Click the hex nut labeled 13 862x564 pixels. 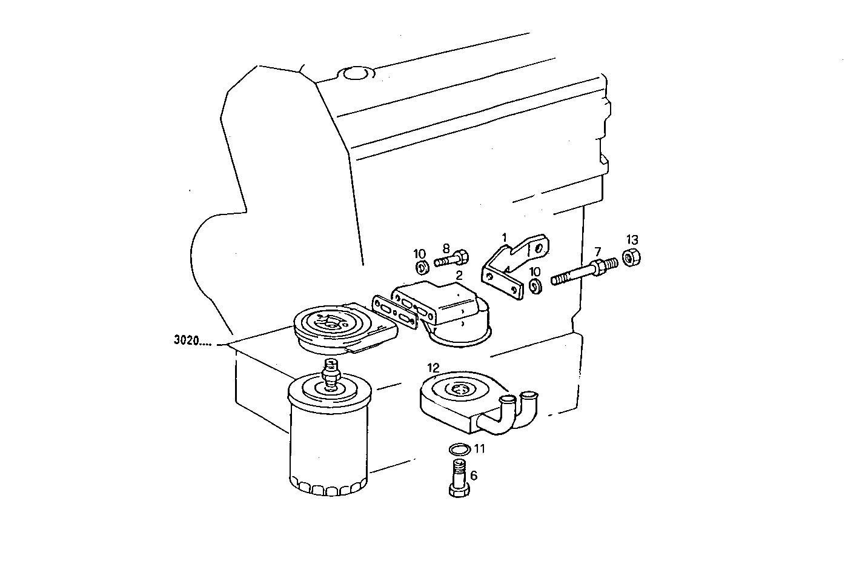click(631, 258)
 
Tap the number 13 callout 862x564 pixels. click(632, 239)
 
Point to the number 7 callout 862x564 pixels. click(597, 251)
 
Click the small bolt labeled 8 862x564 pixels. click(451, 260)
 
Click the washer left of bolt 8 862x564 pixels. click(422, 267)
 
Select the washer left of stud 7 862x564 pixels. click(535, 285)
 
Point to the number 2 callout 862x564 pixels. click(459, 275)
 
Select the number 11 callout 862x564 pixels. click(479, 449)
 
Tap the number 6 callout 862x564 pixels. click(474, 476)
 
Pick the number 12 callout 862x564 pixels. click(433, 367)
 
